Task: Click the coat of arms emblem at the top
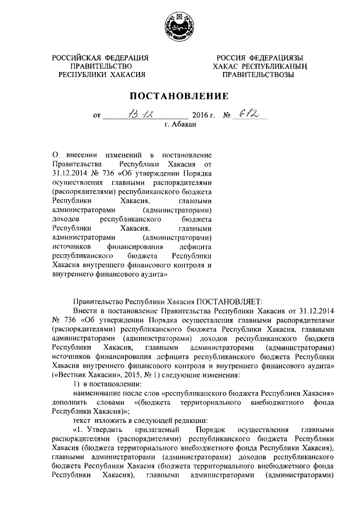pos(179,26)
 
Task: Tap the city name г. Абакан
pos(180,127)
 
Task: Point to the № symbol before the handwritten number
pos(228,116)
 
